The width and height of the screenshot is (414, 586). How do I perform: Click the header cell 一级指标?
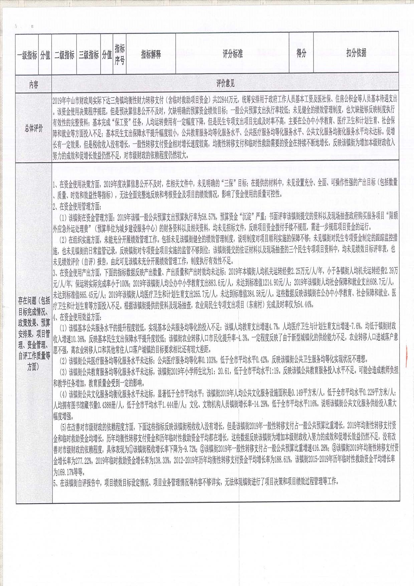(x=27, y=55)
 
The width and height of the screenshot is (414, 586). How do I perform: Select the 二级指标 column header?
(x=64, y=55)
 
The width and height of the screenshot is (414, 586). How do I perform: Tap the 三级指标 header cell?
(x=89, y=55)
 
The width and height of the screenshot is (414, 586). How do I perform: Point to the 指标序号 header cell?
(x=120, y=54)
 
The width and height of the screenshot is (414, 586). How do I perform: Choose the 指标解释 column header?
(x=151, y=54)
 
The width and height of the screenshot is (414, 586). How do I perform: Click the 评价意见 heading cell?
(x=225, y=84)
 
